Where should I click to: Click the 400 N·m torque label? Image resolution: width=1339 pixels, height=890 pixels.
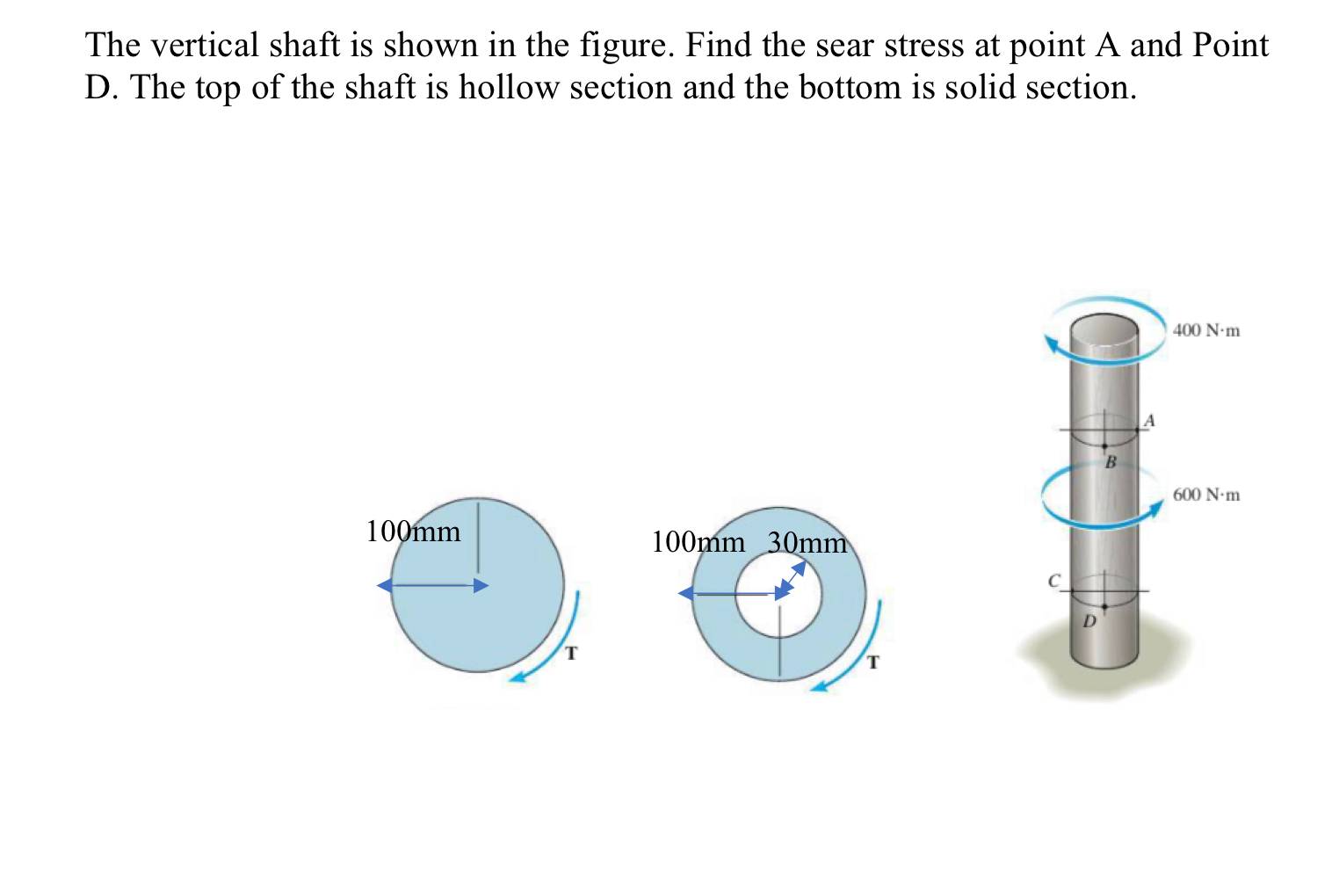1205,331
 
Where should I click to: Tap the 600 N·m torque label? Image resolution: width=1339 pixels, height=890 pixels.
1205,496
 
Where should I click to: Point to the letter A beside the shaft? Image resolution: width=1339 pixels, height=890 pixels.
1148,421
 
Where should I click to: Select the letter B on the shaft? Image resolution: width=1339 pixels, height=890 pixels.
1110,462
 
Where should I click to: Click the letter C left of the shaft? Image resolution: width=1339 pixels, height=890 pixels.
1054,581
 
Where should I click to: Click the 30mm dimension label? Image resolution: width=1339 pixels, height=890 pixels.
807,543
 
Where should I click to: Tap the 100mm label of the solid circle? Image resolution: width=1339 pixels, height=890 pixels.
413,532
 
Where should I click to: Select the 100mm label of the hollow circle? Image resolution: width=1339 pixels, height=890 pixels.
698,542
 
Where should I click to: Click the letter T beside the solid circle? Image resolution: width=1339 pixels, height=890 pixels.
571,653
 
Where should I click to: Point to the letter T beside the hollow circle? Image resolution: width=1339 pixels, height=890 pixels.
872,662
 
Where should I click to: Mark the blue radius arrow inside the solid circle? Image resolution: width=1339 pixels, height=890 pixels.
432,586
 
